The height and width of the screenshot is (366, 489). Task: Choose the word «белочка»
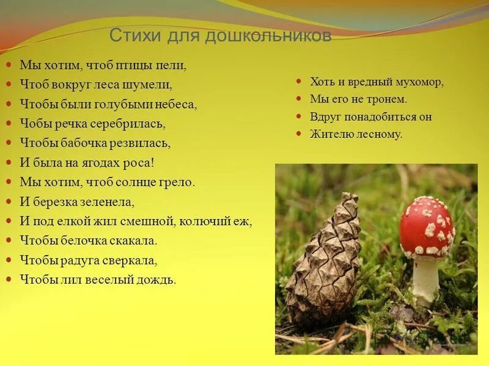(85, 240)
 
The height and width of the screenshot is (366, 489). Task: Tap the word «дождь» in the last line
(158, 280)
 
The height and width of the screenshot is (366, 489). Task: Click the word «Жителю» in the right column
(330, 134)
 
